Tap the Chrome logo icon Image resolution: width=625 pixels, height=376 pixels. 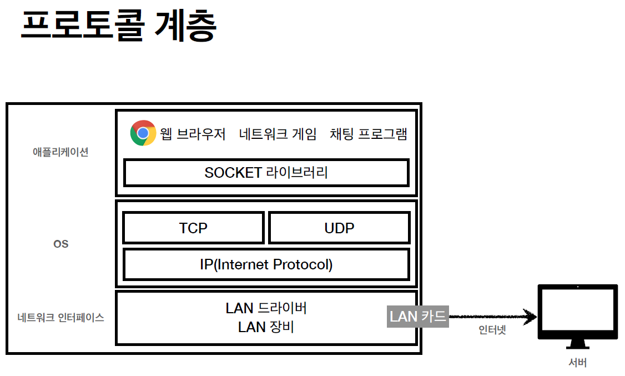pos(143,133)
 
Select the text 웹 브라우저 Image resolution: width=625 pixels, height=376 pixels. pos(193,134)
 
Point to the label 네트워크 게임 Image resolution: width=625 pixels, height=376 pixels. pos(278,134)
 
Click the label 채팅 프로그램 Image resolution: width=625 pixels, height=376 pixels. pos(368,134)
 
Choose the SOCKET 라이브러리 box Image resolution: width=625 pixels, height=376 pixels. pos(266,173)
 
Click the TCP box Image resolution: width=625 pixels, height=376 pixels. pos(193,228)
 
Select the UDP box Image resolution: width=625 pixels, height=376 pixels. pos(339,228)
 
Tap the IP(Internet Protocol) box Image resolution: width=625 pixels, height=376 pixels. pos(266,264)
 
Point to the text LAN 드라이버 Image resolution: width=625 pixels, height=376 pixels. pos(266,308)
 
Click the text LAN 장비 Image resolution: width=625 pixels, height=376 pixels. pos(266,327)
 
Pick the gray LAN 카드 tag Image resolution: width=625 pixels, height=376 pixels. pos(417,317)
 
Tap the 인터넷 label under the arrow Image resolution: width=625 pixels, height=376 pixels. pos(492,330)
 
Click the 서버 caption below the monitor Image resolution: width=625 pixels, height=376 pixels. pos(577,363)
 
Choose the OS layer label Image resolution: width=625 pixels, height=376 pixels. pos(61,244)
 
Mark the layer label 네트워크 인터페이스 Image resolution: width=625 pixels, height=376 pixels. pos(61,318)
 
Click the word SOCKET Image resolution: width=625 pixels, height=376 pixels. pos(233,173)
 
